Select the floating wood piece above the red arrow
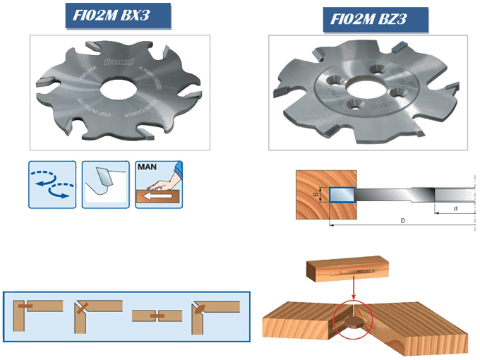(x=349, y=270)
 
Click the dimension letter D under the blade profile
(x=402, y=221)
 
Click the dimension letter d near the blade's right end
(x=455, y=208)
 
